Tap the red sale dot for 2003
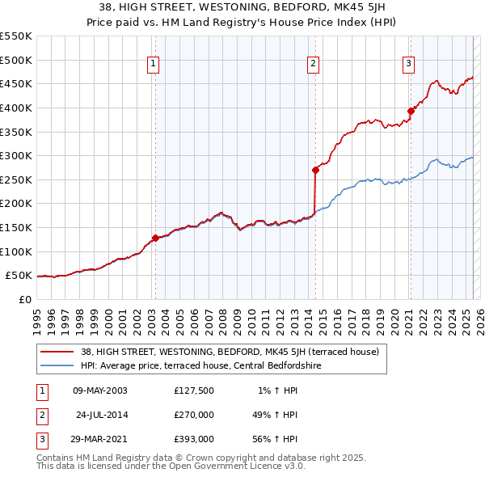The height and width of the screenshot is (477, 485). (x=154, y=238)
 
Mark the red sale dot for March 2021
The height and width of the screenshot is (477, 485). (x=410, y=111)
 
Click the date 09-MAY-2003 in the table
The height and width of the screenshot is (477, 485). (x=100, y=390)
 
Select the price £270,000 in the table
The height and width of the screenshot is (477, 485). (x=194, y=415)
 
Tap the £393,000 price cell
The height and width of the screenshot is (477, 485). (x=194, y=439)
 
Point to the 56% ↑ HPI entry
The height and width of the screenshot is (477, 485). (x=275, y=439)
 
